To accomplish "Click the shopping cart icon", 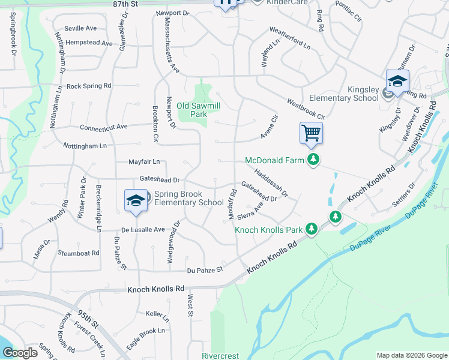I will point(311,133).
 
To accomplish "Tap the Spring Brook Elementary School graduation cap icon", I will point(136,201).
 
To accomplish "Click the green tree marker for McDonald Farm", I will point(312,160).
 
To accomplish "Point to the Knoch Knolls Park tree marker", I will point(311,229).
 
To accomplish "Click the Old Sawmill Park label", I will point(191,109).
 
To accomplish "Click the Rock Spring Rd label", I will point(89,86).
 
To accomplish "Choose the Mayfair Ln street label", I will point(144,161).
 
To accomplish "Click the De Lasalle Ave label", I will point(143,229).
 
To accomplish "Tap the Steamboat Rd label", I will point(79,253).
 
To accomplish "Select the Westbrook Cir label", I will point(306,109).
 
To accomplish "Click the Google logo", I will point(19,353).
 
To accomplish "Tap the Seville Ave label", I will point(81,28).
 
